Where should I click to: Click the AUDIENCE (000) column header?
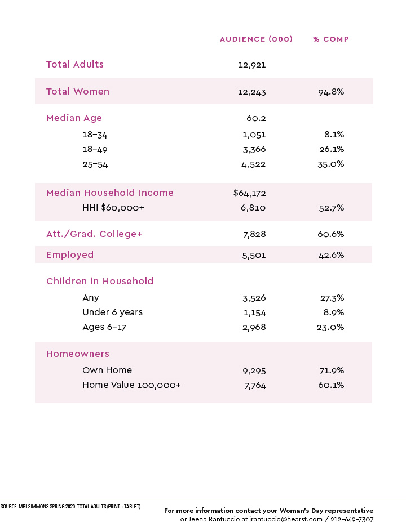click(x=256, y=39)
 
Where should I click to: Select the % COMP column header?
click(x=331, y=39)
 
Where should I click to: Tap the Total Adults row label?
click(x=75, y=64)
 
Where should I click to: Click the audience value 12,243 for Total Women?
click(x=252, y=92)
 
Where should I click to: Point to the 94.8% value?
click(x=331, y=92)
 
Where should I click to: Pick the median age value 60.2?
click(x=256, y=118)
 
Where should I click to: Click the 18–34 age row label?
click(x=95, y=135)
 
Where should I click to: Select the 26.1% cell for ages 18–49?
click(x=332, y=149)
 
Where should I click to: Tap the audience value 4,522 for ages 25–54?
click(x=254, y=164)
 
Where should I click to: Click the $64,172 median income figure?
click(x=249, y=193)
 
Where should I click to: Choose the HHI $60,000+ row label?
click(x=113, y=208)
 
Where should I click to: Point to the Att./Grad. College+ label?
click(x=94, y=234)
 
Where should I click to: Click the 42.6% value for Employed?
click(x=331, y=255)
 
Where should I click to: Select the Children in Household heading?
click(x=100, y=281)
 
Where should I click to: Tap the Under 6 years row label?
click(x=112, y=312)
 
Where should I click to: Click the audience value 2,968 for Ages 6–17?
click(x=254, y=327)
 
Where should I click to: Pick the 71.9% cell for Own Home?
click(x=332, y=370)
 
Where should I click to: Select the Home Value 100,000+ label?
click(x=131, y=385)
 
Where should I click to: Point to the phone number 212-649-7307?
click(x=352, y=519)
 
